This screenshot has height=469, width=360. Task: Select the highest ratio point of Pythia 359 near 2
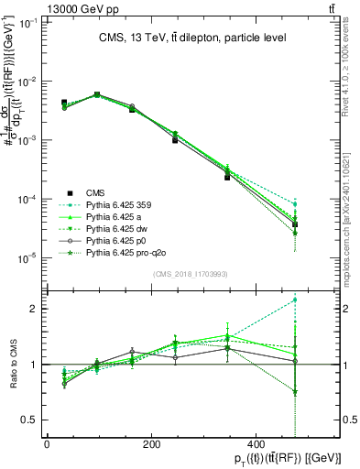294,300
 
